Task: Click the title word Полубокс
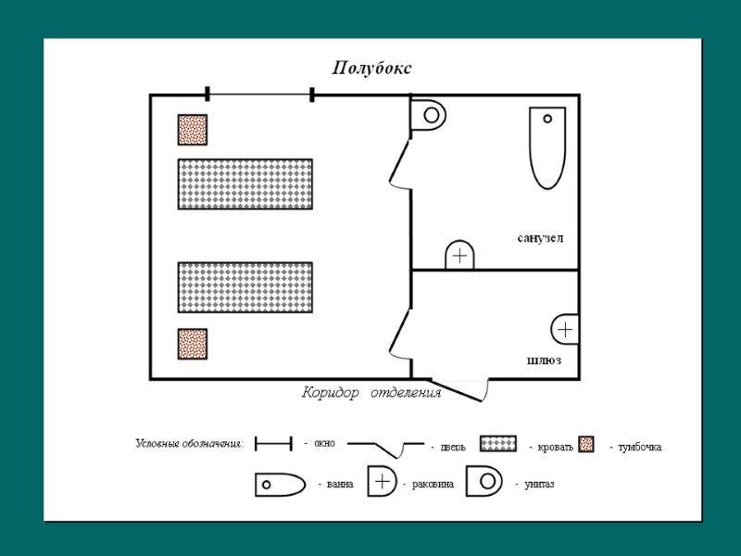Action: point(371,69)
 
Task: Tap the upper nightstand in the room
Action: point(193,130)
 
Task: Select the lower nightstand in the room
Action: point(193,344)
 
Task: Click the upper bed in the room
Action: point(245,183)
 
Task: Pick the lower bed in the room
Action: point(245,287)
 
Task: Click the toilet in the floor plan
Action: point(429,116)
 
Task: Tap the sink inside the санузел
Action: point(460,256)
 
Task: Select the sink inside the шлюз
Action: point(565,330)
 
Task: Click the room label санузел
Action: point(540,238)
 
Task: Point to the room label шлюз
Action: point(544,360)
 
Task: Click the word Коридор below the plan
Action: point(331,393)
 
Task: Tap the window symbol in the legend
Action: point(273,444)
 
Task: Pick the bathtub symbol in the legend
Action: point(280,484)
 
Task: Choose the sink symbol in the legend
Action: point(382,482)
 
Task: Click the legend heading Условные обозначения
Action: point(189,445)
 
